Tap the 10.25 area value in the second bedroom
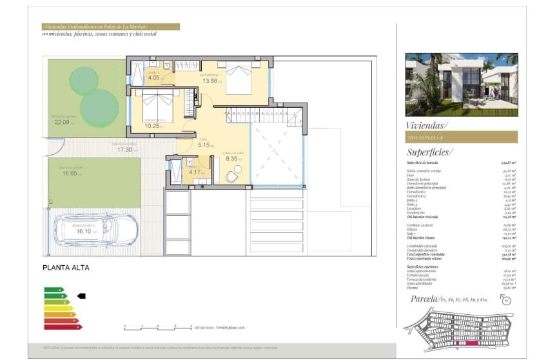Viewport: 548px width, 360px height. (152, 126)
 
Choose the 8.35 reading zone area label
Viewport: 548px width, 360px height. (231, 157)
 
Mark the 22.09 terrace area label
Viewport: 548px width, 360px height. (62, 121)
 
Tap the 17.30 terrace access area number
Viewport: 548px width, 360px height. (124, 149)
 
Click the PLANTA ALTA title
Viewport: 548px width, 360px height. (66, 268)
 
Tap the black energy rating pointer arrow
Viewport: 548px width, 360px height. (81, 295)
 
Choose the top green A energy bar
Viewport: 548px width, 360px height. (52, 290)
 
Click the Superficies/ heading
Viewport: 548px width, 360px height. (430, 152)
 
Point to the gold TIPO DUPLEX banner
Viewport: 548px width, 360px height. (461, 137)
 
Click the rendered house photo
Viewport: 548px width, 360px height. (461, 85)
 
